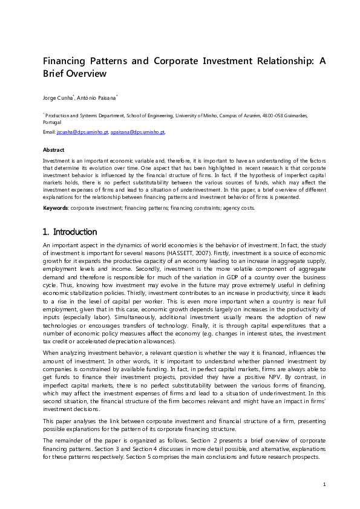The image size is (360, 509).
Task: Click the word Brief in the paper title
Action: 54,74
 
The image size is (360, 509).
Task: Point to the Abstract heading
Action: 54,149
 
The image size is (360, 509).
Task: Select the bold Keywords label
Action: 56,208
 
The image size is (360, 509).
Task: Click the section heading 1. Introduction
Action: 70,232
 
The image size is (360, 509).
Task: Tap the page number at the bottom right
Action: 324,484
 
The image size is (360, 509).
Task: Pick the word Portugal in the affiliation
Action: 53,122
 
